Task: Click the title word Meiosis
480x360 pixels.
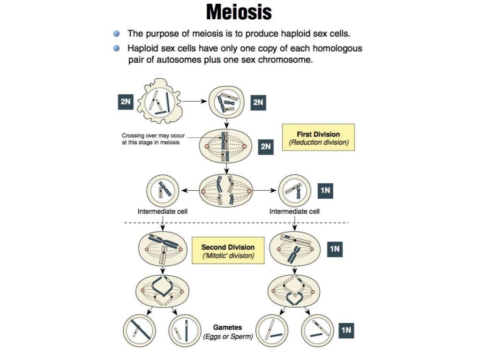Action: pyautogui.click(x=239, y=12)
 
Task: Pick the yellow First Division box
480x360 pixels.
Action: pyautogui.click(x=318, y=137)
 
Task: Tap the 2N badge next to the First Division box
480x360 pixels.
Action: pyautogui.click(x=266, y=146)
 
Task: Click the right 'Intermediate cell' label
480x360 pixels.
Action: pyautogui.click(x=294, y=211)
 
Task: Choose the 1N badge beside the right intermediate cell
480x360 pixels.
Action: pyautogui.click(x=326, y=191)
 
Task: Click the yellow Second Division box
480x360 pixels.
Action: pyautogui.click(x=228, y=251)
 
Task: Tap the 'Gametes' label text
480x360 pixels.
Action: pyautogui.click(x=228, y=327)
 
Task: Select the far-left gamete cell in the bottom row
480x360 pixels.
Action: pyautogui.click(x=139, y=330)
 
